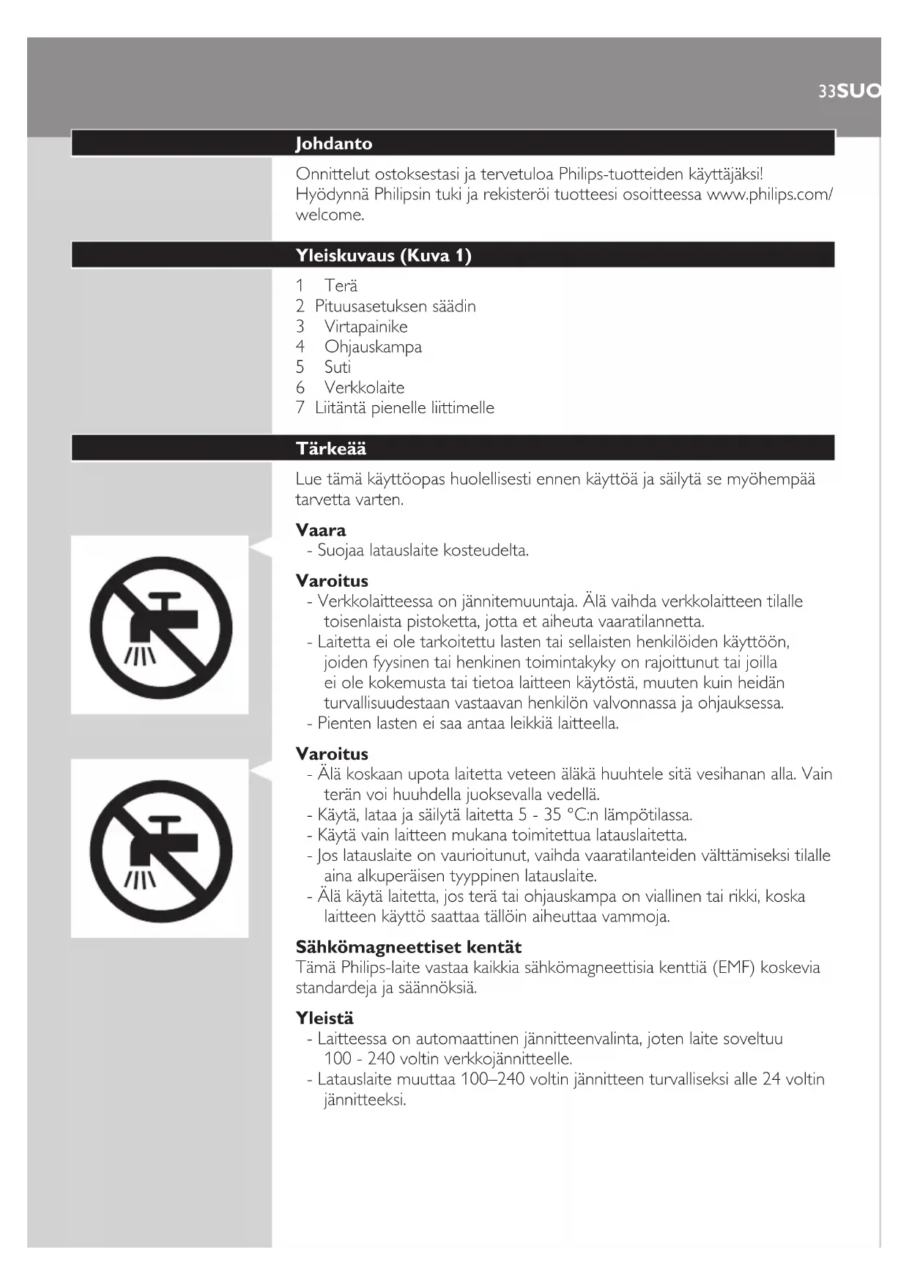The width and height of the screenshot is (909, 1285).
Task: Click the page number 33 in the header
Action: [827, 92]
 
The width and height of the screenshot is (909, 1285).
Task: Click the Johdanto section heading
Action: [334, 144]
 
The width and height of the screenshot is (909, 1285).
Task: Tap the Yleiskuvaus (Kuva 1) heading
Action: [383, 256]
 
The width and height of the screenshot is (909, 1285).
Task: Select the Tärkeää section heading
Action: [331, 448]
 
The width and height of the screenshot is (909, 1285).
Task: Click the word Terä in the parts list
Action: [341, 286]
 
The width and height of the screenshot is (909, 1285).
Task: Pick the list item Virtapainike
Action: [366, 327]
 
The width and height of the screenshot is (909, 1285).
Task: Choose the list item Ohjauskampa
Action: [373, 347]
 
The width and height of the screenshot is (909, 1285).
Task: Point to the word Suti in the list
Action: [337, 367]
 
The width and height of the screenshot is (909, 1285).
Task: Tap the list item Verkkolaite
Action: [364, 388]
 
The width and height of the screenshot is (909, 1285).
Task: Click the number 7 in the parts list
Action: [300, 408]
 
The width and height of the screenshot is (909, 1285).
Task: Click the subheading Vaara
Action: [321, 530]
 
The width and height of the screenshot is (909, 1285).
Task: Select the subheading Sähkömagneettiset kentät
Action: [409, 947]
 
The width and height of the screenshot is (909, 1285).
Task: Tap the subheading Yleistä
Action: [324, 1018]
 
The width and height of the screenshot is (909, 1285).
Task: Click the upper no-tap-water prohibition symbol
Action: [160, 626]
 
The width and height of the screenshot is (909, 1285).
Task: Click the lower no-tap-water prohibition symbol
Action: [160, 850]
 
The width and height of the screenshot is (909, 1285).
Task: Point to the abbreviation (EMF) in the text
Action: [734, 968]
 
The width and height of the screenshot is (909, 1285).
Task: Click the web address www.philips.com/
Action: [769, 195]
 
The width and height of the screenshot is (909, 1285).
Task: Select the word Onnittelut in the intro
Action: [333, 174]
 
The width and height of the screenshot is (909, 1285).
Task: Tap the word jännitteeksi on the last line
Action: [365, 1100]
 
